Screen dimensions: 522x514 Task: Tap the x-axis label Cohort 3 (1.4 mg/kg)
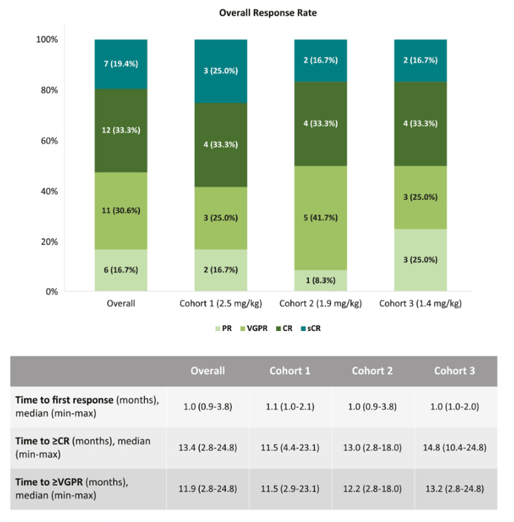pyautogui.click(x=421, y=303)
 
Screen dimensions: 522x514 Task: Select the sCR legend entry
pyautogui.click(x=311, y=328)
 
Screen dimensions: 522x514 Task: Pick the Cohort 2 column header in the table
pyautogui.click(x=373, y=370)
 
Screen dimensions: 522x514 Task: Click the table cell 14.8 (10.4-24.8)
pyautogui.click(x=456, y=447)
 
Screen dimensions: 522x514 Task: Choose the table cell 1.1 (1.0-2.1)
pyautogui.click(x=289, y=405)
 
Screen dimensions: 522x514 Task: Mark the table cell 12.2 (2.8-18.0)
pyautogui.click(x=373, y=488)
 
